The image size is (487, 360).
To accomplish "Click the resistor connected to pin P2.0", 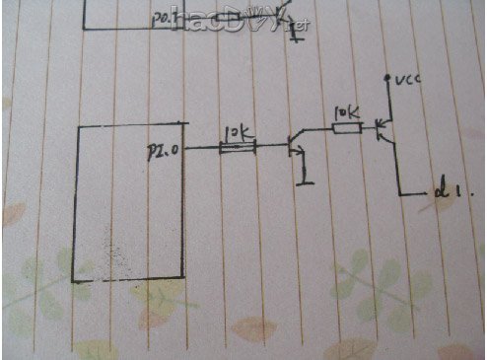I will point(238,148).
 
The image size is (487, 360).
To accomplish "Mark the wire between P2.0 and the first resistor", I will point(198,148).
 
